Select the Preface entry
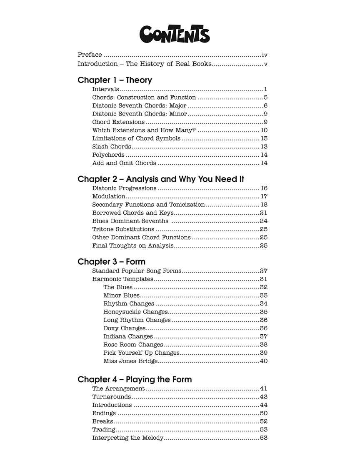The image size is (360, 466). (x=90, y=55)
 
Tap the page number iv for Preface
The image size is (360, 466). (x=265, y=55)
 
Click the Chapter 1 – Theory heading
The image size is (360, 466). (x=115, y=80)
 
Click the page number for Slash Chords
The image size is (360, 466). (x=264, y=147)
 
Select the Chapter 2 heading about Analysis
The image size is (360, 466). (x=161, y=179)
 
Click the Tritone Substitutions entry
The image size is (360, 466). (x=123, y=229)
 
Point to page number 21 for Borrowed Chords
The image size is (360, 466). (x=263, y=213)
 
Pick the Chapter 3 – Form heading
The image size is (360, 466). (x=111, y=262)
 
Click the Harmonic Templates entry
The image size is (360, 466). (x=122, y=279)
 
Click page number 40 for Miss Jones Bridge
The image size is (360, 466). (x=263, y=361)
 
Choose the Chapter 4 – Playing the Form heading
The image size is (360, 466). (x=135, y=379)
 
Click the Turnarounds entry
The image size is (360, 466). (x=111, y=397)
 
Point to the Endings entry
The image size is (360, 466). (x=104, y=413)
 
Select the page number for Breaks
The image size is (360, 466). (x=263, y=421)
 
